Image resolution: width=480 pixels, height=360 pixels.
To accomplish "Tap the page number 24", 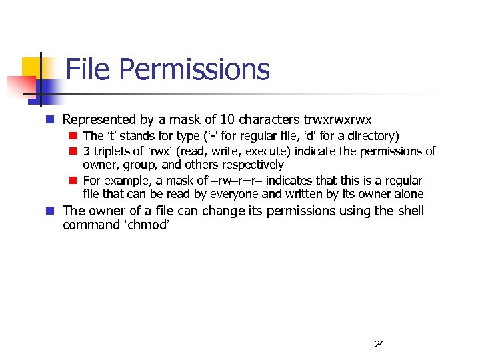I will tap(379, 344).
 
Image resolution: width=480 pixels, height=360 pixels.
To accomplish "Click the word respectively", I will tap(251, 164).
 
